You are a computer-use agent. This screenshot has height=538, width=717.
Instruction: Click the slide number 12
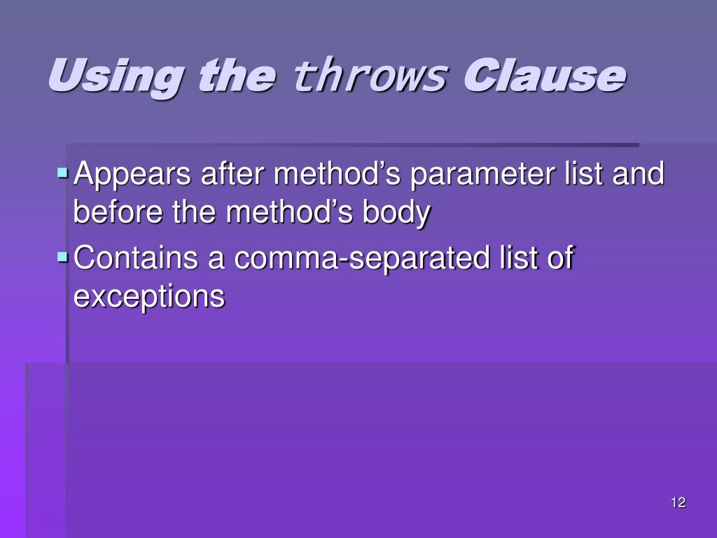[678, 502]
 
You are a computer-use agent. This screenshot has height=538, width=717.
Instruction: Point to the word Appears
[132, 174]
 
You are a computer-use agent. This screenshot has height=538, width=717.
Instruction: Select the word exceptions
[149, 297]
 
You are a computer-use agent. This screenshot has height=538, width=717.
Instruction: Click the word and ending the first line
[638, 174]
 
